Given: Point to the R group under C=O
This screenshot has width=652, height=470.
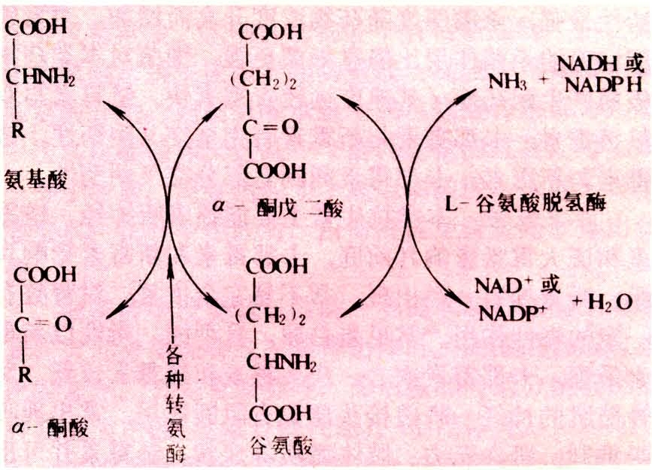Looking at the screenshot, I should pyautogui.click(x=25, y=376).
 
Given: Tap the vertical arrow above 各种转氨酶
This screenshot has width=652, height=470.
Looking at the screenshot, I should pyautogui.click(x=171, y=293).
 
